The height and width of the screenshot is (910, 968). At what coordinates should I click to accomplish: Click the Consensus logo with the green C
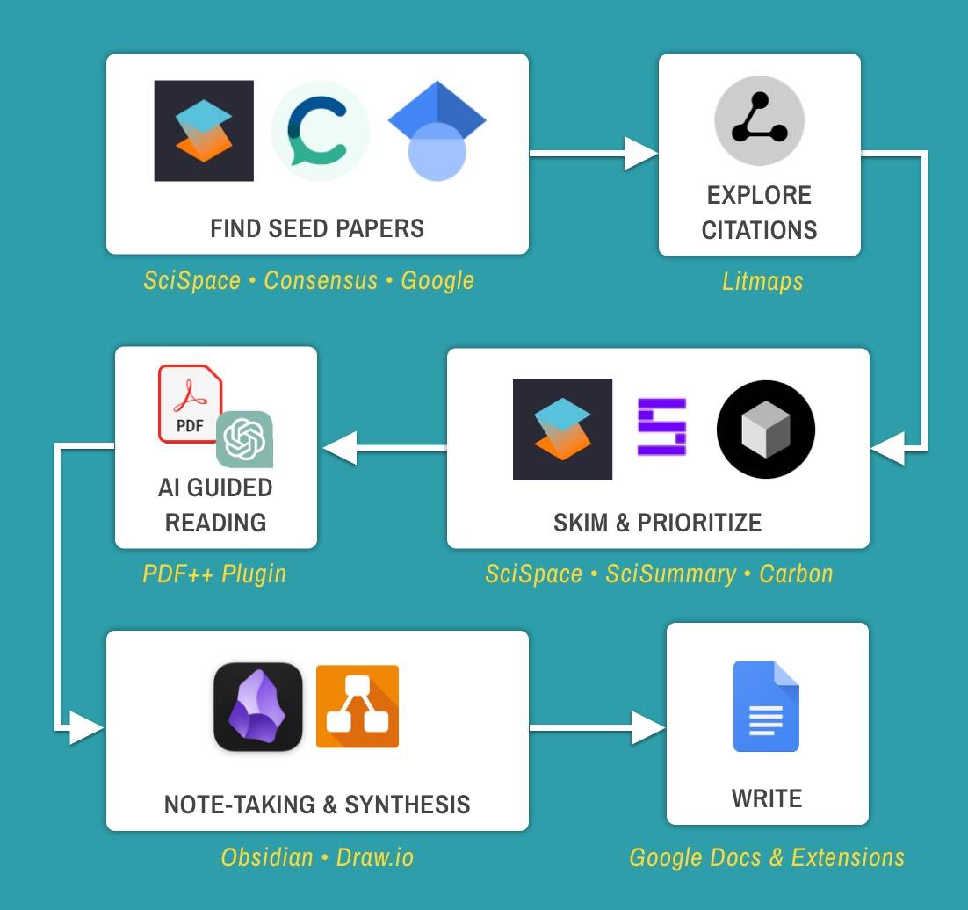point(320,131)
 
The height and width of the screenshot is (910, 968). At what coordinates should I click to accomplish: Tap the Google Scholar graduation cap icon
point(437,132)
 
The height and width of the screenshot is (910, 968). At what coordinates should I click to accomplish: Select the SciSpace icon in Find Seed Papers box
point(204,131)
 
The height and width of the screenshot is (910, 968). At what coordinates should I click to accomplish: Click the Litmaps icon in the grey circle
point(759,120)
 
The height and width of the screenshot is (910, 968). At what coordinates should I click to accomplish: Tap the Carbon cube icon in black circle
point(766,430)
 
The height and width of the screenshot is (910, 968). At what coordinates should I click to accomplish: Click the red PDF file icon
point(190,403)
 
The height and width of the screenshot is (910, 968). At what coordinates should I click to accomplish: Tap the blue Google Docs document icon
point(766,706)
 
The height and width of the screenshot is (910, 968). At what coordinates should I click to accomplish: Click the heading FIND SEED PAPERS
point(317,229)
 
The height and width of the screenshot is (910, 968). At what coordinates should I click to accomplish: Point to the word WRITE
point(767,798)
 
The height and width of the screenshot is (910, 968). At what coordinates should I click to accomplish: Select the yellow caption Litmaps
point(762,282)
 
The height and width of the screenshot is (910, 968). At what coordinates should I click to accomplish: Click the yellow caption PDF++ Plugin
point(214,574)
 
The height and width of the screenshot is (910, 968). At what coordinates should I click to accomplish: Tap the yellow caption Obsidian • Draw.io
point(317,856)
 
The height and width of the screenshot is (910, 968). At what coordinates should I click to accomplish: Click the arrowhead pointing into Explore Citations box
point(641,154)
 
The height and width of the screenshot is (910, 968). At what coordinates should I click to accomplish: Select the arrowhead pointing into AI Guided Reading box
point(339,448)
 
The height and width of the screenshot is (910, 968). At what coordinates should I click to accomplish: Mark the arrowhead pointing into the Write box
point(649,727)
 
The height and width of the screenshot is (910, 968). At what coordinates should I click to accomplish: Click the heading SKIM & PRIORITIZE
point(657,523)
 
